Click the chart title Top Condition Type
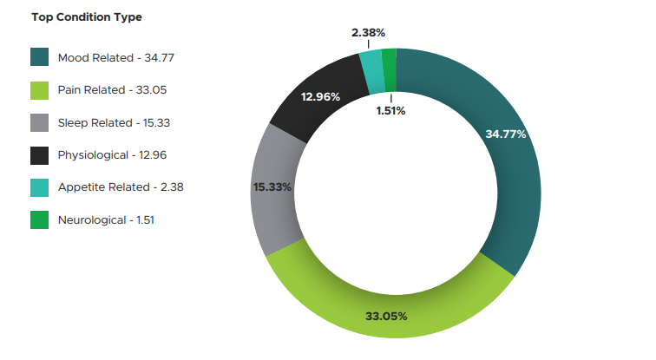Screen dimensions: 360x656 (86, 17)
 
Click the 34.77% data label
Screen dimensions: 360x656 (506, 134)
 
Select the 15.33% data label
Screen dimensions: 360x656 (272, 187)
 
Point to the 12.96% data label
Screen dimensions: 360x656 (320, 96)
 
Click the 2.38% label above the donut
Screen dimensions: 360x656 (369, 33)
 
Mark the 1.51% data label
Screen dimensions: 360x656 (390, 110)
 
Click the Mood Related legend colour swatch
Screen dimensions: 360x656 (40, 58)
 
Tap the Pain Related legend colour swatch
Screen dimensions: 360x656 (40, 90)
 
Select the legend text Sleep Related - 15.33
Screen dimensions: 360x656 (114, 123)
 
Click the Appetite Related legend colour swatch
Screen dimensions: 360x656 (40, 187)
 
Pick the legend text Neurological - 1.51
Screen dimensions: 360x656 (106, 219)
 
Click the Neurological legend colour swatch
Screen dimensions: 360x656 (40, 219)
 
